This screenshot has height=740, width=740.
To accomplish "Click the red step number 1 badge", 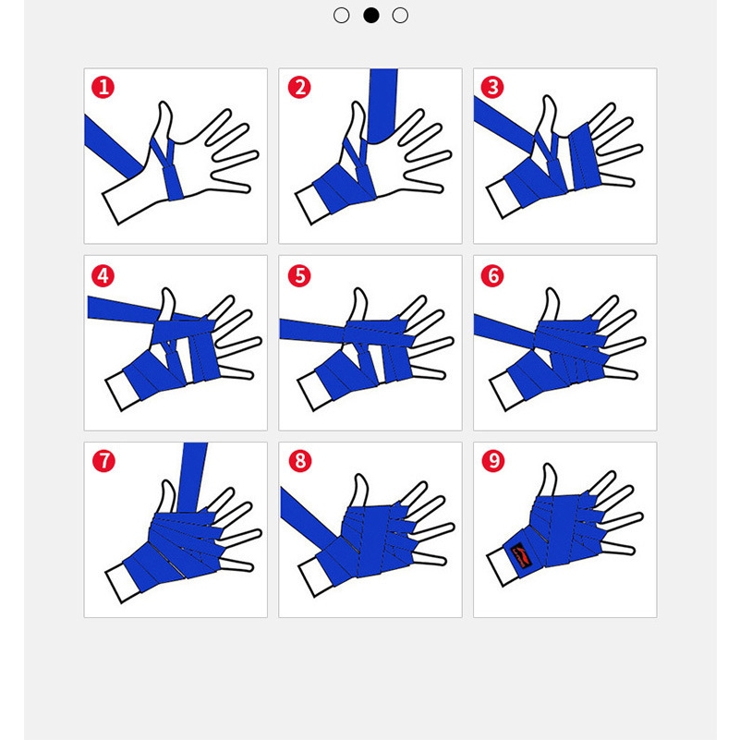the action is coord(103,88).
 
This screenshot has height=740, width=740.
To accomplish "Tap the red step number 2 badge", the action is coord(299,88).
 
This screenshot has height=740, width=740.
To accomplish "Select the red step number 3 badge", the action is coord(492,87).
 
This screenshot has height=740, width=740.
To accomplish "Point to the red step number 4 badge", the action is coord(103,275).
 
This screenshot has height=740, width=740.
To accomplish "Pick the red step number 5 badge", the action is coord(299,275).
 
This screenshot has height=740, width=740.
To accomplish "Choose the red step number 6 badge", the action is coord(492,275).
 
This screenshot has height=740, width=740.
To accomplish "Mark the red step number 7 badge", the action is coord(103,461).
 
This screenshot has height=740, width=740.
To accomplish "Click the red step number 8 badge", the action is coord(300,461).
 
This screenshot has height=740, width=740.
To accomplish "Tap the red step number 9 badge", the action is coord(493,461).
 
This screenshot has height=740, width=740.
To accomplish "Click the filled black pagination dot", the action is coord(371,15).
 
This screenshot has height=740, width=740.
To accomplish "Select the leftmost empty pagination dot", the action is coord(341,15).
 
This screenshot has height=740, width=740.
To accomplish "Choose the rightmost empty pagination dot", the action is coord(400,15).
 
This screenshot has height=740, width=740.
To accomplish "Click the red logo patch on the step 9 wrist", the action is coord(520,555).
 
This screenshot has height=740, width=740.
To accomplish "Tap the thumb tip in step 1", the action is coord(164,104).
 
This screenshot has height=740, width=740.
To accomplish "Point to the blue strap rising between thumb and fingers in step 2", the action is coord(382,105).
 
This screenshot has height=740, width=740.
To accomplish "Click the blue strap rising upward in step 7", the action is coord(192,478).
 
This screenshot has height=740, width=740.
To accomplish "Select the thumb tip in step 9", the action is coord(549,467).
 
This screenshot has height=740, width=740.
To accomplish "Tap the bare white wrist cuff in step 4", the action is coord(121,390).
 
